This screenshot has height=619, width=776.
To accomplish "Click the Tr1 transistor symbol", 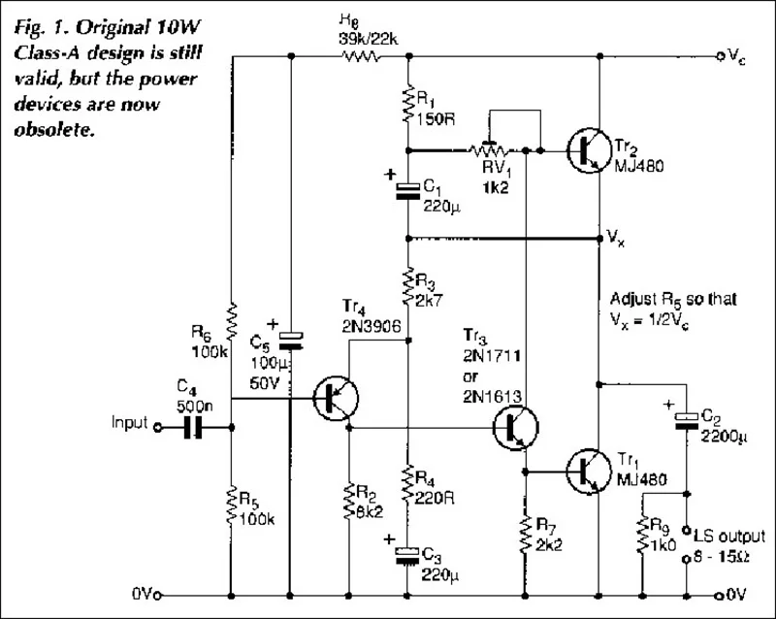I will (589, 471).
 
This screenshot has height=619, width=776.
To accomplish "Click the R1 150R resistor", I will (408, 104).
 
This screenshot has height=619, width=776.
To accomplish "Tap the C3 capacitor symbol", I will (408, 554).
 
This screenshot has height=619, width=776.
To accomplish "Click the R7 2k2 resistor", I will (525, 531).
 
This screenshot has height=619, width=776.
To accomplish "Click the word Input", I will (129, 424).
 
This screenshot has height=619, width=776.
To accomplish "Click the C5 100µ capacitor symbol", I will (291, 340).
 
